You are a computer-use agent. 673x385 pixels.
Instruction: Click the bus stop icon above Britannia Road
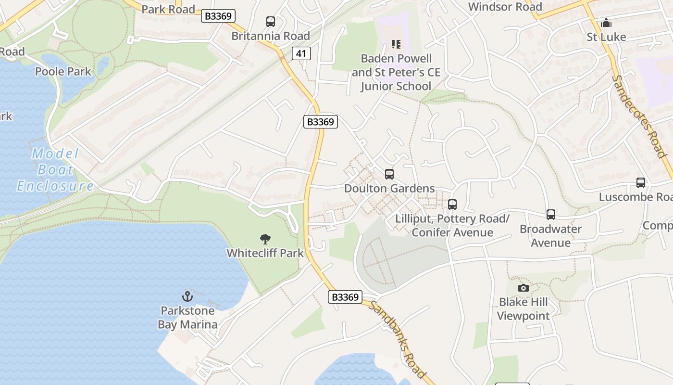[271, 22]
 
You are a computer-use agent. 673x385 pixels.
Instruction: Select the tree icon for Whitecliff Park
[265, 239]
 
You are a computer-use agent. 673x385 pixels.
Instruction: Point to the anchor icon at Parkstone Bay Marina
[187, 296]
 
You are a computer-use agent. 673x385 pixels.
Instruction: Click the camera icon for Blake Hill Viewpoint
[523, 288]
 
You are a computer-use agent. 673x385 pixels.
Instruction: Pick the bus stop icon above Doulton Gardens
[389, 174]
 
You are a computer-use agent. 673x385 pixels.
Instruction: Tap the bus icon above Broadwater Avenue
[550, 215]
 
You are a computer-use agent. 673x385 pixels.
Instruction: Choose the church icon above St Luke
[606, 23]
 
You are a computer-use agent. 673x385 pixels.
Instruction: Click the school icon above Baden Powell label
[396, 44]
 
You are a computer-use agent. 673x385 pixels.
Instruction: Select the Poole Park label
[63, 72]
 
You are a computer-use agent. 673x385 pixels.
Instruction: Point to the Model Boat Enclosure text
[55, 170]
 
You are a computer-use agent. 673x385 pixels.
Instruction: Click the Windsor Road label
[505, 7]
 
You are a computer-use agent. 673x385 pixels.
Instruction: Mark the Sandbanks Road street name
[398, 339]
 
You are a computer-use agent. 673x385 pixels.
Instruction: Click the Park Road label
[168, 9]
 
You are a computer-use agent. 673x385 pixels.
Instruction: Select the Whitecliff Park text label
[265, 253]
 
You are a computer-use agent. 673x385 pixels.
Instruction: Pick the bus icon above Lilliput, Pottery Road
[452, 205]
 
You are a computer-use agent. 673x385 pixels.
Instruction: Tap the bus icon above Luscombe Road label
[641, 183]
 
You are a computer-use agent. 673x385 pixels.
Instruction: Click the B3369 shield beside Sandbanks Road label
[345, 297]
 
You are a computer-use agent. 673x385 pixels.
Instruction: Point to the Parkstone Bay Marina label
[187, 317]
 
